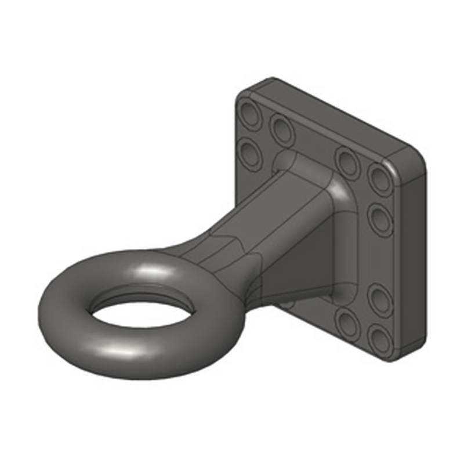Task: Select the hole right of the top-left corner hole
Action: coord(282,129)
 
